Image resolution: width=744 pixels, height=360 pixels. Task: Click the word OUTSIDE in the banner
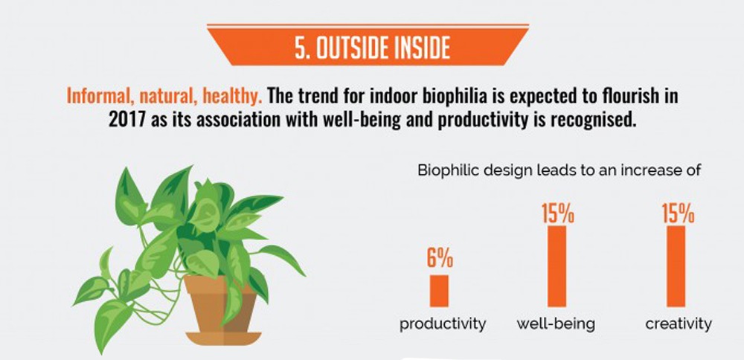pos(352,49)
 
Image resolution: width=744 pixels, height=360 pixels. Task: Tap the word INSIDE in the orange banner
pos(421,49)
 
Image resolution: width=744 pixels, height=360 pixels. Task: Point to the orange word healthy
pos(232,96)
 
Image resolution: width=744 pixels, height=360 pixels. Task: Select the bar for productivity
pos(439,291)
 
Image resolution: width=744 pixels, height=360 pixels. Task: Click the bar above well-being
pos(557,266)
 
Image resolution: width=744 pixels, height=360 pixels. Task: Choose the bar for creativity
pos(676,266)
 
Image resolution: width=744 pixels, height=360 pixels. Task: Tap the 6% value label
pos(440,259)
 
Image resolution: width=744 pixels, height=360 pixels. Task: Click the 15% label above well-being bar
pos(558,213)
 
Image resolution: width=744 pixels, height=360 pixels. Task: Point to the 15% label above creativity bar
pos(678,213)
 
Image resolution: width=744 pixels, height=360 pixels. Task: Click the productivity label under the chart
pos(443,325)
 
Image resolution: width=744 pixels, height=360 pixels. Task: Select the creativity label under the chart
pos(679,325)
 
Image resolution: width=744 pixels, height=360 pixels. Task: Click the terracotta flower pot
pos(221,303)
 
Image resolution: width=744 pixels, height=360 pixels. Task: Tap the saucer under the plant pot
pos(223,338)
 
